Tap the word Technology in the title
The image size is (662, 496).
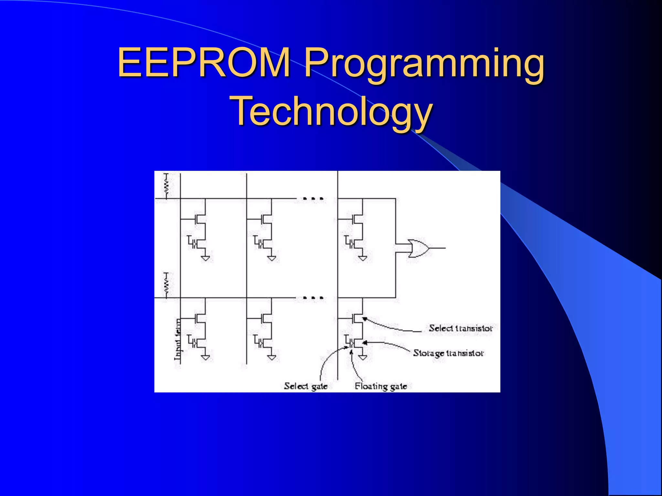point(331,112)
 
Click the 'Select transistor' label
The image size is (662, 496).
point(460,328)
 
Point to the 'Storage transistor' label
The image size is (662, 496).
point(448,353)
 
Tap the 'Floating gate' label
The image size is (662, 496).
point(380,386)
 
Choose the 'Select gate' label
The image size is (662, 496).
point(305,386)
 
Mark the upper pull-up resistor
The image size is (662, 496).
point(166,186)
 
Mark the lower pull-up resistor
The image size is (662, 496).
point(166,285)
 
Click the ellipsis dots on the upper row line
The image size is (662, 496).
point(313,199)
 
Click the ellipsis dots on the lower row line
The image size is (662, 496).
point(313,298)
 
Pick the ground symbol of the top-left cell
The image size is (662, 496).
point(205,258)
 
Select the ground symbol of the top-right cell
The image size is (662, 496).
point(363,258)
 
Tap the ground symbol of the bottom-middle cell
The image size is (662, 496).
point(272,357)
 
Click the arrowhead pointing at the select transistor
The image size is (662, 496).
point(365,319)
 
